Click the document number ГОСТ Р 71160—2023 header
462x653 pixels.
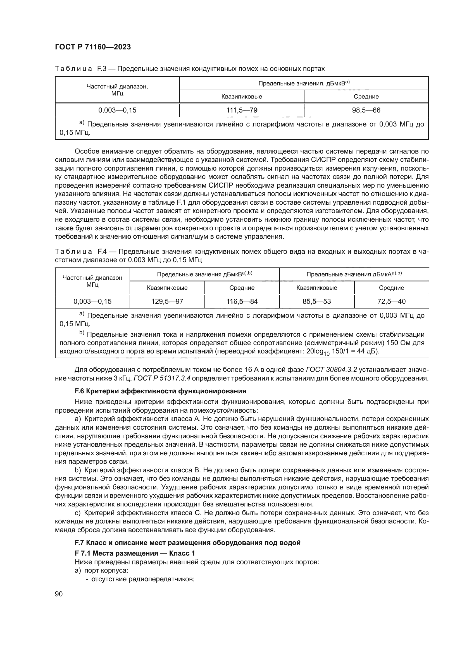[x=93, y=47]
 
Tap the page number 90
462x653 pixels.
[x=59, y=594]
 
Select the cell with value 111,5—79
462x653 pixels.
[x=242, y=110]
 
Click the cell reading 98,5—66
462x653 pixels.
[x=366, y=110]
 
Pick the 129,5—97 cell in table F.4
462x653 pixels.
[x=167, y=302]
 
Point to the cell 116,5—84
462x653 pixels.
[x=242, y=302]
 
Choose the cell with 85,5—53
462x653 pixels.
[x=317, y=302]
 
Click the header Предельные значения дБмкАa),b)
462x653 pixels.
[x=354, y=274]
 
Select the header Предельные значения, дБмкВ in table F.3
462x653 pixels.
[x=304, y=83]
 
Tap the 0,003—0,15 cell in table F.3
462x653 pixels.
[x=117, y=110]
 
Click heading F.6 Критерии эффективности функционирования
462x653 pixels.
[x=160, y=391]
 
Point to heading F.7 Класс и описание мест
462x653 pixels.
[x=187, y=543]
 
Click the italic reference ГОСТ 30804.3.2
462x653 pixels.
[x=332, y=370]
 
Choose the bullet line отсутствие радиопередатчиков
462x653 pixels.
[x=142, y=579]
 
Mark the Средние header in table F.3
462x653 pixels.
[x=366, y=96]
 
